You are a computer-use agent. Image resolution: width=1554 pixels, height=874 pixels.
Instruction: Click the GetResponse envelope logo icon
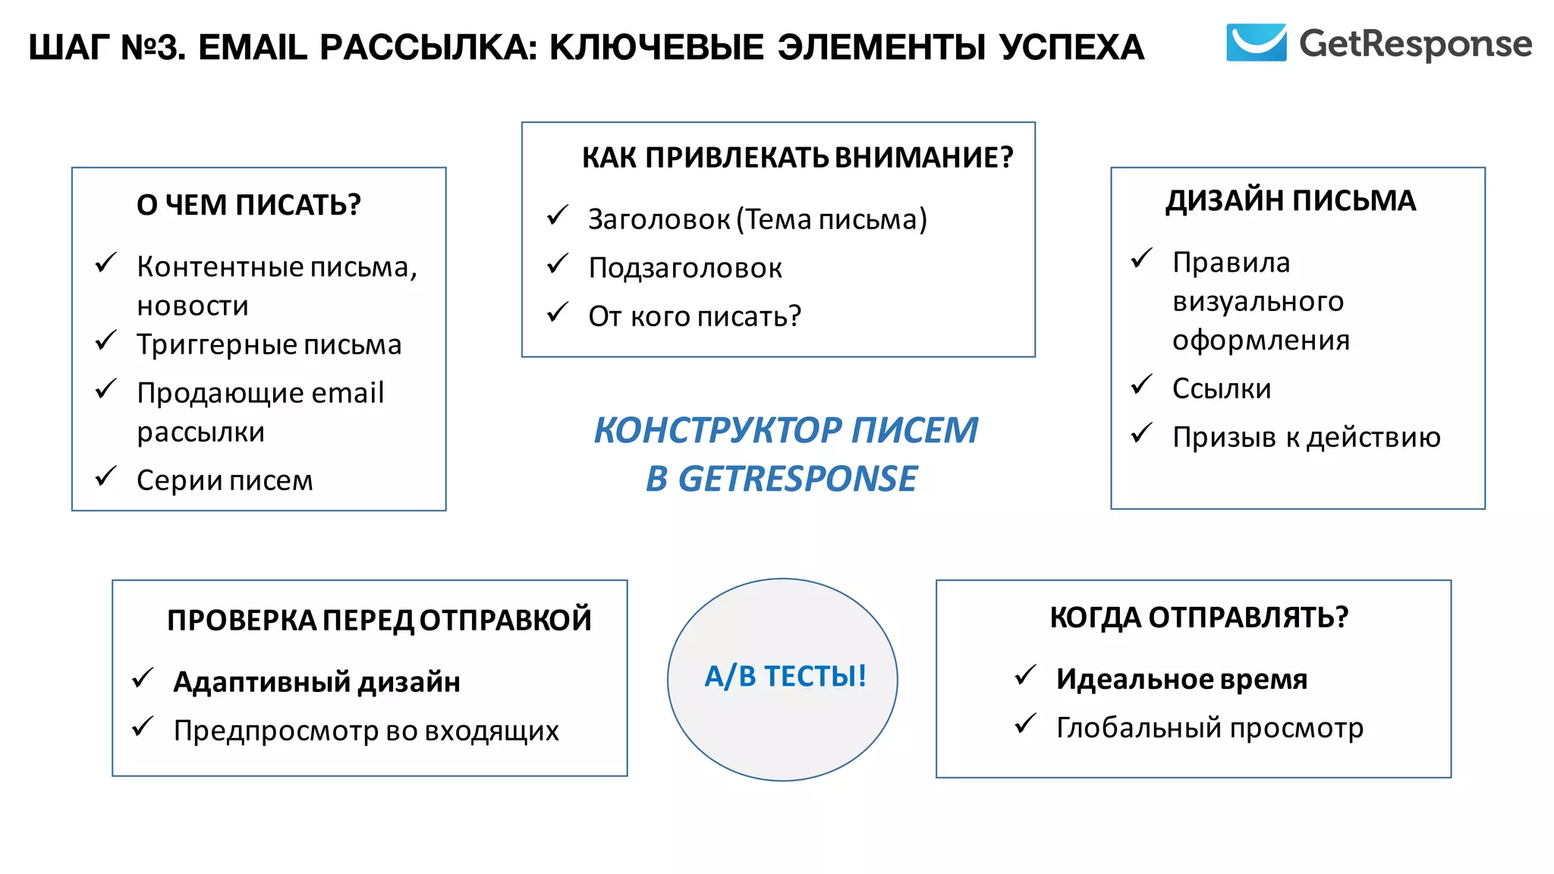(x=1256, y=42)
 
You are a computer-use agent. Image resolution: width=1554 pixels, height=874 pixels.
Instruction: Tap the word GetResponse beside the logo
(x=1415, y=44)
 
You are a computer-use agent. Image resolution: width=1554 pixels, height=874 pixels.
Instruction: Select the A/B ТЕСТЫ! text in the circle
(x=785, y=676)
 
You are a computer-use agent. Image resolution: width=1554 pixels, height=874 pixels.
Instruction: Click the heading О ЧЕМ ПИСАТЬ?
(x=248, y=205)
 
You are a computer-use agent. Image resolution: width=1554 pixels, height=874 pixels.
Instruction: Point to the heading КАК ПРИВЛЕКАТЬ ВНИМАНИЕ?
(x=797, y=157)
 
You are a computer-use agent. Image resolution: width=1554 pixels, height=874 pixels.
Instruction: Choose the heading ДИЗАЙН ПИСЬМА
(x=1290, y=201)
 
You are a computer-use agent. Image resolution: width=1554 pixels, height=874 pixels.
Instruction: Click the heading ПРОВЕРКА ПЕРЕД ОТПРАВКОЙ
(x=379, y=620)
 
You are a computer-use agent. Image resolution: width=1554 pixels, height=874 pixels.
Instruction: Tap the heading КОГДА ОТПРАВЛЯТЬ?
(x=1199, y=618)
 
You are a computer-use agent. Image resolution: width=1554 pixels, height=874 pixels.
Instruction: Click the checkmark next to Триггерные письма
(x=105, y=341)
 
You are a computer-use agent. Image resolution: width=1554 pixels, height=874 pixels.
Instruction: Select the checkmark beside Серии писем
(x=105, y=476)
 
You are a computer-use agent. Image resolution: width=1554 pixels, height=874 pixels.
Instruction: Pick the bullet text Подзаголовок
(x=684, y=269)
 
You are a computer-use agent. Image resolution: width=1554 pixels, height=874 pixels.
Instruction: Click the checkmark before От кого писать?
(x=558, y=313)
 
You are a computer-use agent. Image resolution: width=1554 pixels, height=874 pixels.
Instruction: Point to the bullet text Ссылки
(x=1221, y=388)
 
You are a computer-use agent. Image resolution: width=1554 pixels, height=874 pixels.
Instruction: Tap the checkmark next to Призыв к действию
(x=1141, y=433)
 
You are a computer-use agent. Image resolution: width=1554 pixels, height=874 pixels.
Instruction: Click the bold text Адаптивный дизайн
(x=316, y=682)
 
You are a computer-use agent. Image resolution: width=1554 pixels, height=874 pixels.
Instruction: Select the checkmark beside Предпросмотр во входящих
(x=143, y=727)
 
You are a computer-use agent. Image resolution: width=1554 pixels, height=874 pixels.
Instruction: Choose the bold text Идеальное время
(x=1181, y=679)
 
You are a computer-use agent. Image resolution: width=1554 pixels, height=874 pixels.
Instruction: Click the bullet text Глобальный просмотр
(x=1210, y=728)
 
